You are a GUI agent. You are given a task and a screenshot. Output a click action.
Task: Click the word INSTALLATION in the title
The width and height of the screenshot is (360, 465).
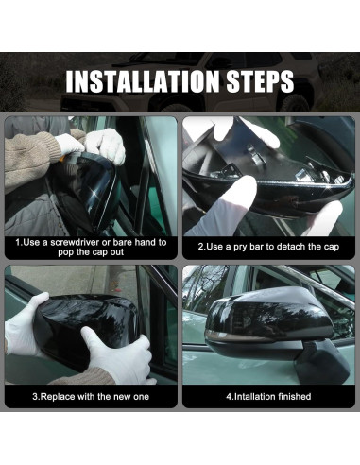pos(142,81)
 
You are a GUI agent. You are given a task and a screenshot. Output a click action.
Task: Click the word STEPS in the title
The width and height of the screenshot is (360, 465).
pos(260,81)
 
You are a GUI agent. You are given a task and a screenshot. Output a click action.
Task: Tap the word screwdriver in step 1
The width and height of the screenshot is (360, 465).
pos(78,243)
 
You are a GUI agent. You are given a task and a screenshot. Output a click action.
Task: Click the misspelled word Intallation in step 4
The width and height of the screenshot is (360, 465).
pos(250,397)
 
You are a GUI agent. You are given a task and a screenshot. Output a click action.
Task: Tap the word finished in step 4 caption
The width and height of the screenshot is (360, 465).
pos(290,397)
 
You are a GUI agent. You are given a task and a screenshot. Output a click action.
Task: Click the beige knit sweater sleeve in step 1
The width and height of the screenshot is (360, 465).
pos(30,158)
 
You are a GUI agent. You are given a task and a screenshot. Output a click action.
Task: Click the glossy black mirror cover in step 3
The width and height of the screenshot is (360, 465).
pos(85,328)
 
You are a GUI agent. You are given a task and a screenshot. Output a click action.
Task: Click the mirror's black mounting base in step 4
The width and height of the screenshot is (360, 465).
pos(321,362)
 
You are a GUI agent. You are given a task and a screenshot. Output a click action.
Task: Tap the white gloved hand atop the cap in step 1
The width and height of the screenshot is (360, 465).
pos(106,146)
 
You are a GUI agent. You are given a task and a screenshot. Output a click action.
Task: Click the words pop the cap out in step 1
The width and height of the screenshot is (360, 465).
pos(91,252)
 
